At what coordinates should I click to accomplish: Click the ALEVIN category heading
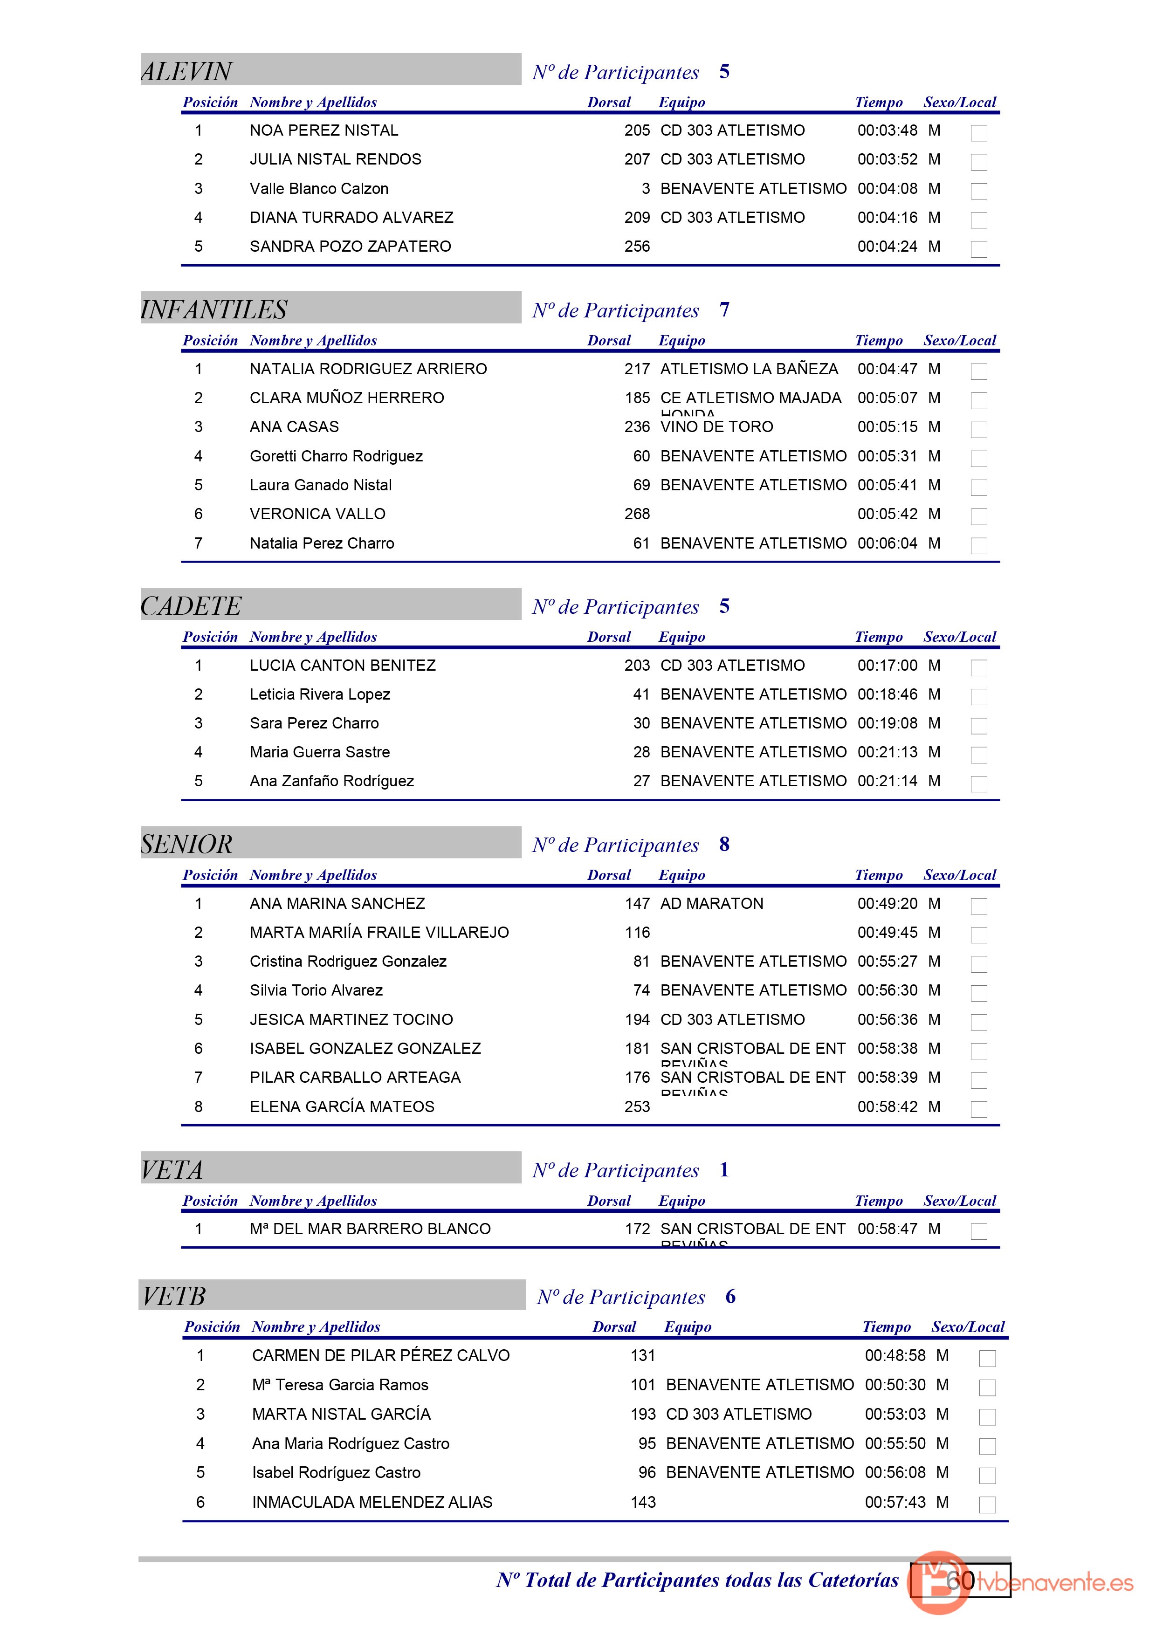point(186,71)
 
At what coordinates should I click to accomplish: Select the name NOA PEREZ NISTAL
point(323,131)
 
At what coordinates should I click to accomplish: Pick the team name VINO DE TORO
point(716,426)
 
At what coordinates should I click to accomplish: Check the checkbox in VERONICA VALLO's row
point(979,516)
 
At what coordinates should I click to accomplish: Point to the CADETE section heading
point(191,606)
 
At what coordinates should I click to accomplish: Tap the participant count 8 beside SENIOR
point(724,844)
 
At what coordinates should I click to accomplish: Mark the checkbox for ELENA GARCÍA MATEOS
point(979,1109)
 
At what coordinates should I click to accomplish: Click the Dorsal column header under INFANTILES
point(608,340)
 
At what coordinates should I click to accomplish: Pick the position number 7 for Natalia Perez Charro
point(198,543)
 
